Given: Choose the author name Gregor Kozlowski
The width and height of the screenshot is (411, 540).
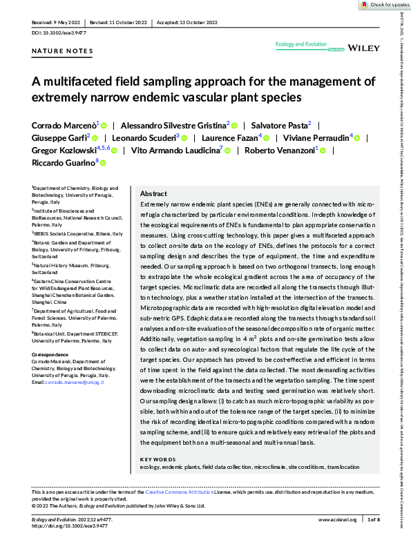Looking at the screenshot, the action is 63,149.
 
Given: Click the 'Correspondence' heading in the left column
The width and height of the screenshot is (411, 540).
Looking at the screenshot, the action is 52,354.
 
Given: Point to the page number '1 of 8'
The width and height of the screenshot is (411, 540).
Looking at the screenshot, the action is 373,519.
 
